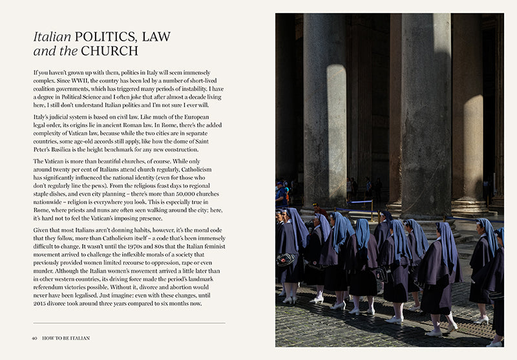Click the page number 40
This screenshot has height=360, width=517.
34,337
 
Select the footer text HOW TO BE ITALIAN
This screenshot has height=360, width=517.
66,337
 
